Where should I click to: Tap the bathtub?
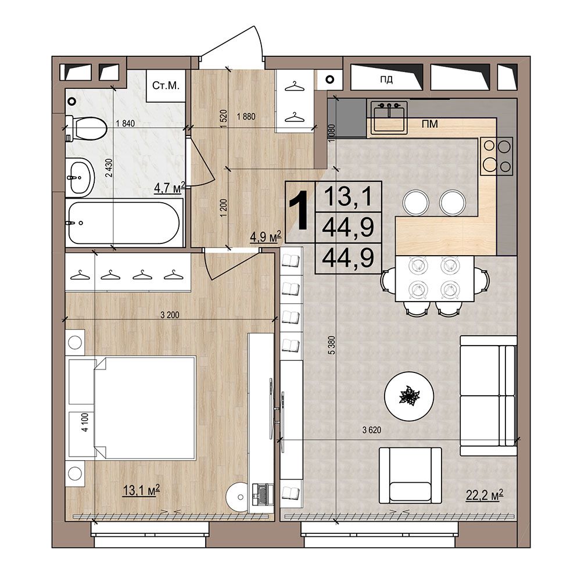point(124,223)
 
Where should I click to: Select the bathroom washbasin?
point(79,177)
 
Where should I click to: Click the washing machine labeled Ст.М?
point(166,86)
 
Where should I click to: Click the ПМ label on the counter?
point(430,124)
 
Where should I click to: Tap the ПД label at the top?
point(386,79)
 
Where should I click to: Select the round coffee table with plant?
point(409,396)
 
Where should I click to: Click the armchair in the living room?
point(411,475)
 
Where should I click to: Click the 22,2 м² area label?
point(485,495)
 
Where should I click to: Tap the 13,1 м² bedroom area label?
point(141,490)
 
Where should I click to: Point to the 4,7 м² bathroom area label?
point(170,188)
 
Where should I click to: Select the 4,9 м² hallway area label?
point(266,236)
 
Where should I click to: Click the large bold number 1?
point(299,210)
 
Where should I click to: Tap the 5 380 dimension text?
point(332,345)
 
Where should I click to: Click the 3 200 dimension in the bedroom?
point(170,315)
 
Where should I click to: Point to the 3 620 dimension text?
point(372,430)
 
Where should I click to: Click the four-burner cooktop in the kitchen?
point(497,156)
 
